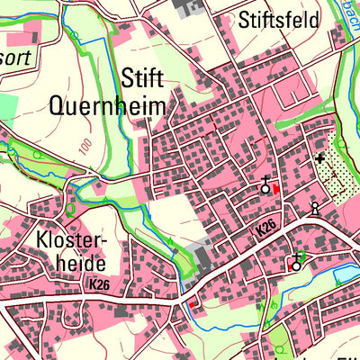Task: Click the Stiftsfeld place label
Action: pos(279,20)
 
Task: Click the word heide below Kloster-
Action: pos(74,264)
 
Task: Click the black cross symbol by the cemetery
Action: pos(319,159)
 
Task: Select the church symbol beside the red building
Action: pos(265,187)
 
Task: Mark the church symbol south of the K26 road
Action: pos(295,264)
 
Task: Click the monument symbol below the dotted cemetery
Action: pos(314,209)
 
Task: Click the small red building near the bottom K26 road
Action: pos(191,305)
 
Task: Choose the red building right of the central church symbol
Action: pos(275,188)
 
